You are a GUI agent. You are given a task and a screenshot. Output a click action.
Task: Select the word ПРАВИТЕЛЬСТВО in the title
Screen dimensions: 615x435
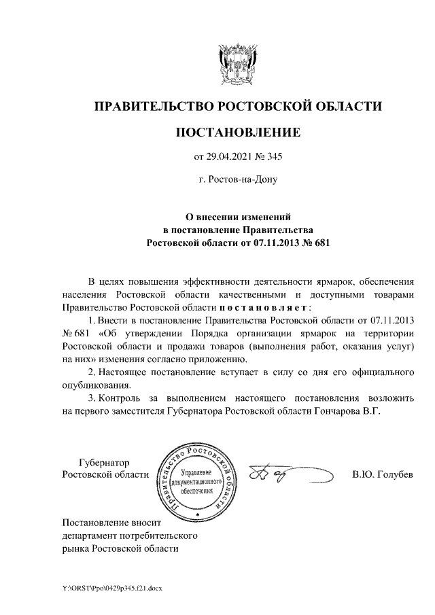[152, 106]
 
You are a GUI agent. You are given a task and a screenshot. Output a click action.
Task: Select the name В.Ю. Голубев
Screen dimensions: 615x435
[383, 474]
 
